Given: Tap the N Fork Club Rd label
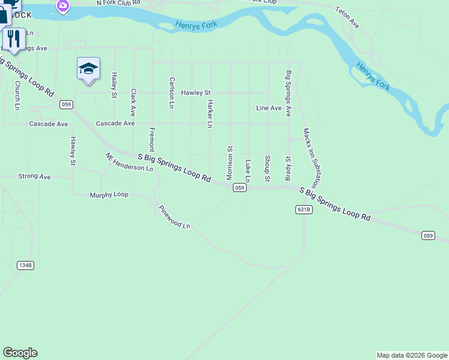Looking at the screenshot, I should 118,3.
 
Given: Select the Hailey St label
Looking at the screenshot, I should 114,85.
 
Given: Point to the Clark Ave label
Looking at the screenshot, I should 133,103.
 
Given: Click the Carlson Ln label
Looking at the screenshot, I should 172,92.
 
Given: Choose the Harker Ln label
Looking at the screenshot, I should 209,113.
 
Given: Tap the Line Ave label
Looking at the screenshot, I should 268,108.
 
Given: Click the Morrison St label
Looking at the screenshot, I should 229,163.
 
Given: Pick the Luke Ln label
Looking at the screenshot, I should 247,171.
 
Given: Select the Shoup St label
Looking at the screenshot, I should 267,169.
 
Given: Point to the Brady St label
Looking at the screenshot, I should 288,166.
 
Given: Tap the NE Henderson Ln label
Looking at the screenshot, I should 129,162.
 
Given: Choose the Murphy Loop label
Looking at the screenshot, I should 109,195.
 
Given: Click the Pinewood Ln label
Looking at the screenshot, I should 174,217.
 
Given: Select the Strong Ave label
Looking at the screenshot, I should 35,177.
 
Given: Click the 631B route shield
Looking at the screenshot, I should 304,209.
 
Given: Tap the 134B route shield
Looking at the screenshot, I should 25,265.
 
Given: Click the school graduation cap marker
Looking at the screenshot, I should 88,68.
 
